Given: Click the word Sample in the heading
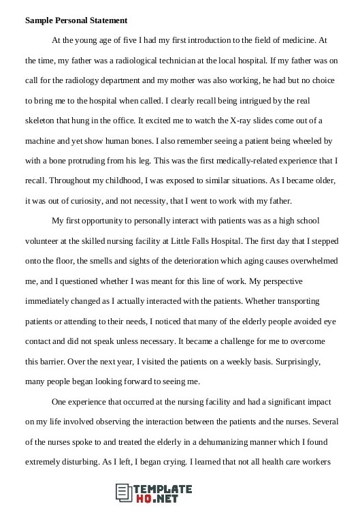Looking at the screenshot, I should [x=40, y=21].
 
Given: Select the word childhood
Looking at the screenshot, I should [x=135, y=182].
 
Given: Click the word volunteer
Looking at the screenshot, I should [x=44, y=241].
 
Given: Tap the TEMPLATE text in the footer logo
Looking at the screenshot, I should [x=165, y=488].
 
